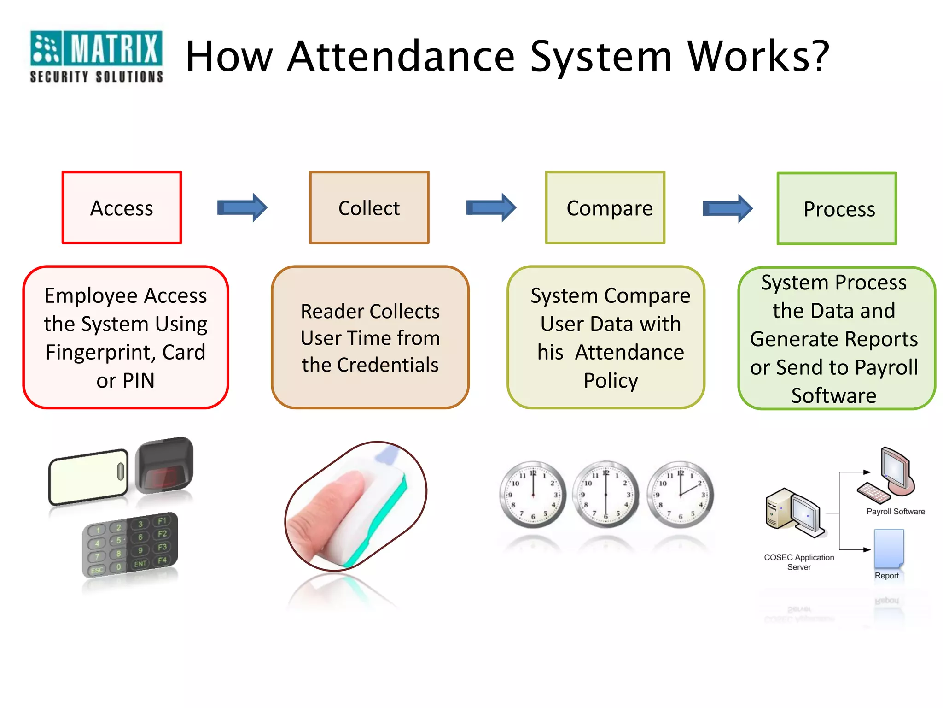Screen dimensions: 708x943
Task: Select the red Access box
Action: pyautogui.click(x=122, y=208)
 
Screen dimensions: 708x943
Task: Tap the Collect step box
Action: pyautogui.click(x=369, y=208)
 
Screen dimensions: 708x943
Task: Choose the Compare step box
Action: pyautogui.click(x=605, y=208)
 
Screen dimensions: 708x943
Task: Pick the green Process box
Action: pyautogui.click(x=837, y=209)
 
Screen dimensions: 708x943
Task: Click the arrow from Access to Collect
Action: pyautogui.click(x=242, y=208)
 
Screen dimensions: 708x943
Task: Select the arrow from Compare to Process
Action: pyautogui.click(x=728, y=209)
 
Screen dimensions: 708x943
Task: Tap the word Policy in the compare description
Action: pyautogui.click(x=611, y=381)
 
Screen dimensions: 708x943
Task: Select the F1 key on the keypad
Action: pyautogui.click(x=162, y=521)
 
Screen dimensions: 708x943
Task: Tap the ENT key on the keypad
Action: pyautogui.click(x=140, y=563)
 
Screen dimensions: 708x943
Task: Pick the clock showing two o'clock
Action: pyautogui.click(x=680, y=495)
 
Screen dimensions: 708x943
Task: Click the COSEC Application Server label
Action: pyautogui.click(x=799, y=562)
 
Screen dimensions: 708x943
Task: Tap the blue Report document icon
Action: pyautogui.click(x=889, y=548)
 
